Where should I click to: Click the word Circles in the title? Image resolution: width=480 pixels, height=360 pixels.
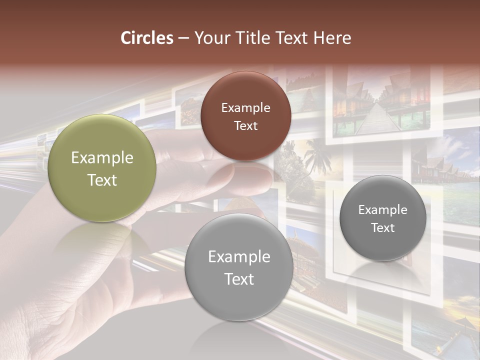coord(147,38)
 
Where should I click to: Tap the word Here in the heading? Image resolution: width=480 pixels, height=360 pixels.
coord(332,38)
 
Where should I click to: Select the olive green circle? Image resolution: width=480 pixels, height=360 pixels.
coord(102,168)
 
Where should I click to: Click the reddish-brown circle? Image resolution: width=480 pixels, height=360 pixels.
coord(245,116)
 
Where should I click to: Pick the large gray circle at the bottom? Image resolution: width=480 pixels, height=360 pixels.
coord(239,267)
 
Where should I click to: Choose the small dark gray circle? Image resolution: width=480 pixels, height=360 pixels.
coord(382,218)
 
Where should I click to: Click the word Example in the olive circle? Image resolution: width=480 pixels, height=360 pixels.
coord(102,158)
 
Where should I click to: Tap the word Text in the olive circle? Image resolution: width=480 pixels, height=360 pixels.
coord(102,180)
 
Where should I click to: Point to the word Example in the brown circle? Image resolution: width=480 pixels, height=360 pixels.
coord(245,107)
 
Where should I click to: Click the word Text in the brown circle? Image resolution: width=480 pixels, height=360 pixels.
coord(245,125)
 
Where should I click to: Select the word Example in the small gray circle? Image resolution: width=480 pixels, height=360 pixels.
coord(382,210)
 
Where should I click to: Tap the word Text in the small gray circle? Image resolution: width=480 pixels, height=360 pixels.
coord(382,228)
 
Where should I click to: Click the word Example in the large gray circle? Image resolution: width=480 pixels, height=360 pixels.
coord(239,257)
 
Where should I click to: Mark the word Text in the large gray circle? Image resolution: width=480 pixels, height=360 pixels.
coord(239,279)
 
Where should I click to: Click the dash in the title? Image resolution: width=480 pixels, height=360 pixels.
coord(183,38)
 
